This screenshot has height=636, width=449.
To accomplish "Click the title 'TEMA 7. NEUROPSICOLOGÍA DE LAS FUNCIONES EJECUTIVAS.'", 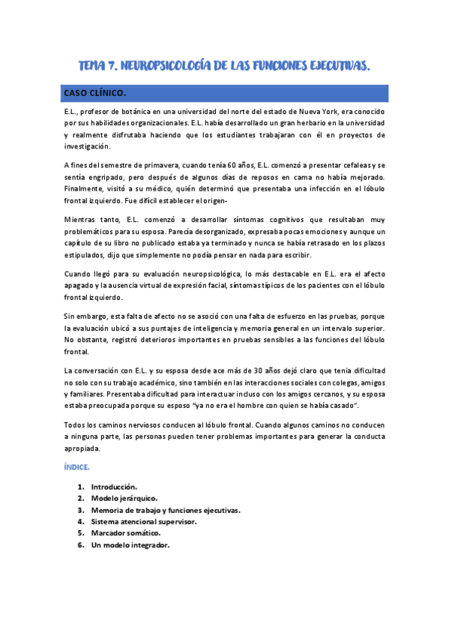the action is point(224,67).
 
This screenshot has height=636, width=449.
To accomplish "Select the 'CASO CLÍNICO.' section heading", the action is point(95,93).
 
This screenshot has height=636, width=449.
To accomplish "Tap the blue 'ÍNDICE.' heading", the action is point(77,467).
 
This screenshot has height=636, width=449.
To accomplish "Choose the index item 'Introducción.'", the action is point(114,487).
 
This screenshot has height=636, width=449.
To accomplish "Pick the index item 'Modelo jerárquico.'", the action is point(124,498).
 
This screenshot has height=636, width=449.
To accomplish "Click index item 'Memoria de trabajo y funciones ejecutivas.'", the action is point(166,510).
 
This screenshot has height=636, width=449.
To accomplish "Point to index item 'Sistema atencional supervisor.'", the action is point(144,521).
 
